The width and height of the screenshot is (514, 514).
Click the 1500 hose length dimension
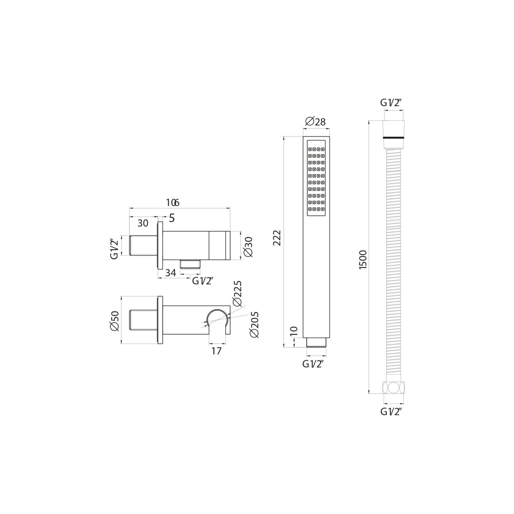pos(363,259)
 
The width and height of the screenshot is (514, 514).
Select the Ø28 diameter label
pos(315,121)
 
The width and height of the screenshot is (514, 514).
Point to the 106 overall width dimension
pos(172,203)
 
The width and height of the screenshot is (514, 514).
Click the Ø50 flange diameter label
pos(114,321)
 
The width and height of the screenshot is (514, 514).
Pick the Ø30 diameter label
pos(248,247)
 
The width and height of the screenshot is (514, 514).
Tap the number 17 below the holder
pos(217,351)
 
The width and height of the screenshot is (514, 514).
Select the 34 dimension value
pos(170,273)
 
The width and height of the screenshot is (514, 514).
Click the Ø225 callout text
pos(237,293)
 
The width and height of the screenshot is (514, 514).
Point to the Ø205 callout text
pos(254,325)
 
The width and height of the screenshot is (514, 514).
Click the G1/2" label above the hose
pos(390,102)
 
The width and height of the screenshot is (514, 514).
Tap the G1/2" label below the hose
pos(391,412)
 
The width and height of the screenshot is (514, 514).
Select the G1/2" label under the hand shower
pos(313,364)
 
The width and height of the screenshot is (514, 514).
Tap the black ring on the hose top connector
pos(394,138)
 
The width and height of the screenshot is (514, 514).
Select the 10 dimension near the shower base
pos(294,331)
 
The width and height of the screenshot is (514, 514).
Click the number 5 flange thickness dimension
pos(172,218)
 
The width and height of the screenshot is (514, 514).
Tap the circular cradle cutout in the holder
pos(217,318)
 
